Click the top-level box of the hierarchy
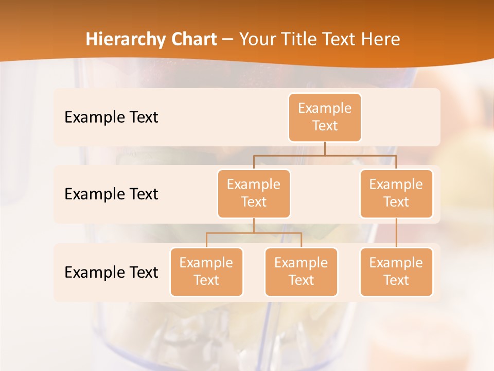325,117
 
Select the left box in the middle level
254,194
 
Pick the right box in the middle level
396,194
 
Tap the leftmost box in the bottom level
206,272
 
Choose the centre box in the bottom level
301,272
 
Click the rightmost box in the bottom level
396,272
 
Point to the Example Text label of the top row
111,117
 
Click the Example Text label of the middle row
111,194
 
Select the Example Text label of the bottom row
111,272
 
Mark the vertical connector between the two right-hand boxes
396,233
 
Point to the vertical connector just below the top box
325,148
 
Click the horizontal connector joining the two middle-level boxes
325,155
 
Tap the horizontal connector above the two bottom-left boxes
254,233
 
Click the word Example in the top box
325,108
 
